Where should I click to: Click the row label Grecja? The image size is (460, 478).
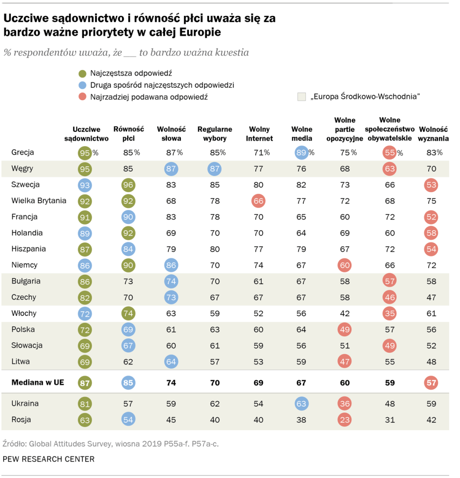(22, 152)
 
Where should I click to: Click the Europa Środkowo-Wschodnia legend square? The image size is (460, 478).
(302, 97)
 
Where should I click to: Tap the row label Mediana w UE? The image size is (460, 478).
(37, 382)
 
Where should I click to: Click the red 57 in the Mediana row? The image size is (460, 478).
(431, 383)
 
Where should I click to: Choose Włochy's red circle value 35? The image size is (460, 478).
(388, 313)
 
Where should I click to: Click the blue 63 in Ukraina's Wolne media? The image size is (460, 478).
(302, 404)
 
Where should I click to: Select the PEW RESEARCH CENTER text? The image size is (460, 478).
(49, 459)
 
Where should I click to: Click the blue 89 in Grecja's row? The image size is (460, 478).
(302, 152)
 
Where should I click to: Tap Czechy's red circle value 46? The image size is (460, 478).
(388, 297)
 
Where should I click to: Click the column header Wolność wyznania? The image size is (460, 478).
(434, 134)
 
